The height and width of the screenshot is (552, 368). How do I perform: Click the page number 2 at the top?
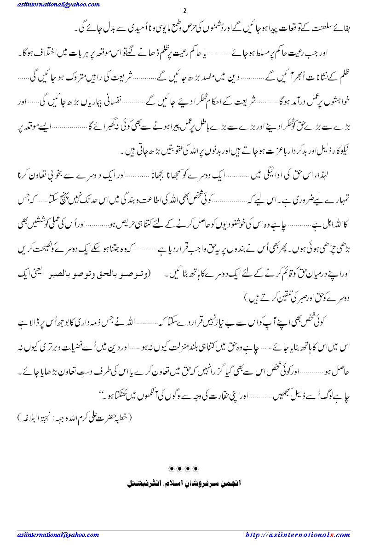[184, 11]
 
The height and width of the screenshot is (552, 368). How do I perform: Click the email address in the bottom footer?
[58, 535]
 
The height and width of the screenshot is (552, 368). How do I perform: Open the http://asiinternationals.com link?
[298, 535]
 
